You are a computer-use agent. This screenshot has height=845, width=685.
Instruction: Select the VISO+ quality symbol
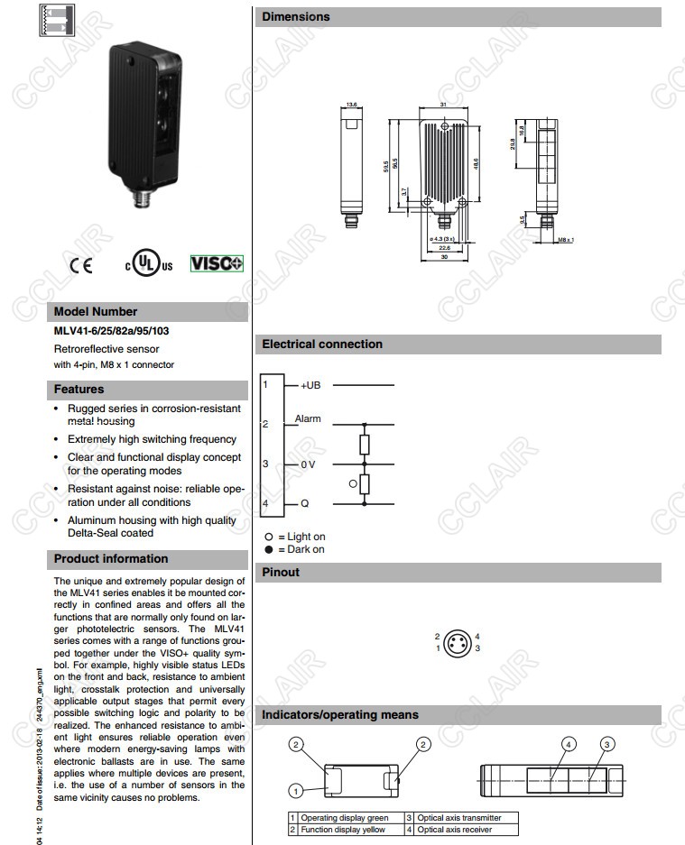coord(217,263)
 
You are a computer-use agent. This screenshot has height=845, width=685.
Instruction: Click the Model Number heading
coord(96,312)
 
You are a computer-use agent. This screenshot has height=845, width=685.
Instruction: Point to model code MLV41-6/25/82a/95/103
coord(111,331)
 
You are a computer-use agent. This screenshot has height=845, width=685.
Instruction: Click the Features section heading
coord(79,390)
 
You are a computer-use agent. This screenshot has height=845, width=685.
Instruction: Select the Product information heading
coord(111,559)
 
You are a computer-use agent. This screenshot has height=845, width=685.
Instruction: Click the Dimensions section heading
coord(296,16)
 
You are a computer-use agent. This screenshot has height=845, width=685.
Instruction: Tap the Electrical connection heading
coord(322,344)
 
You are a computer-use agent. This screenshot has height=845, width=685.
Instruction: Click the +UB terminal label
coord(310,386)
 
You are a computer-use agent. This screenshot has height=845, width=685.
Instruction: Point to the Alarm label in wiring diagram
coord(308,419)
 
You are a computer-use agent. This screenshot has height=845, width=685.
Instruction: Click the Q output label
coord(305,503)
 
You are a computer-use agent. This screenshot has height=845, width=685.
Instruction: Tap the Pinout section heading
coord(281,572)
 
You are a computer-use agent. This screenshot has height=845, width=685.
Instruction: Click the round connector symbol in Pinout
coord(458,642)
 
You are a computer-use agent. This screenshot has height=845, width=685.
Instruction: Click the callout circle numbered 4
coord(568,744)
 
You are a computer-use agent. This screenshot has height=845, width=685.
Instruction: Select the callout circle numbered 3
coord(608,744)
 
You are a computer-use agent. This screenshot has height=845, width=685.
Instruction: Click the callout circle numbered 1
coord(295,791)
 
